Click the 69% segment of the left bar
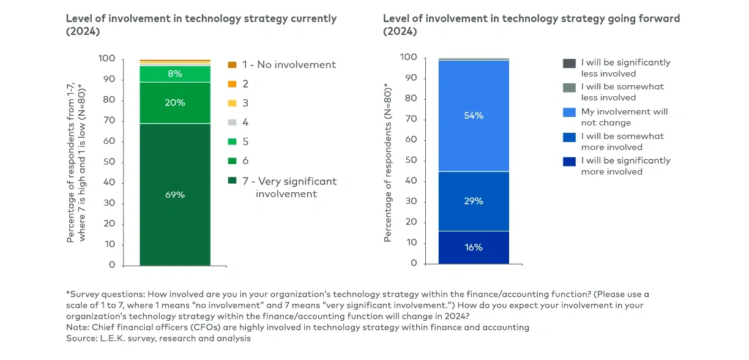coord(175,194)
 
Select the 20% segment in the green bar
coord(175,103)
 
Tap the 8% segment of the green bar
coord(175,73)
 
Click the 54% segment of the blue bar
coord(474,115)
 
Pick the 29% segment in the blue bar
coord(474,201)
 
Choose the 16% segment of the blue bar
coord(474,247)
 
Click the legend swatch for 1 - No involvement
coord(232,65)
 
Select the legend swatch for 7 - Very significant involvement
coord(232,181)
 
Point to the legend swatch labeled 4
coord(232,122)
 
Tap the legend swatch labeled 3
coord(232,103)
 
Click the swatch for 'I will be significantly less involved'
coord(569,63)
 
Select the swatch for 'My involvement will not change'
coord(569,112)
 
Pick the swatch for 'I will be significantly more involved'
coord(569,161)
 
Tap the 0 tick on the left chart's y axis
coord(112,265)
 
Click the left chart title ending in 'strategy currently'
coord(201,18)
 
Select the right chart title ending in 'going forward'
coord(531,18)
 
